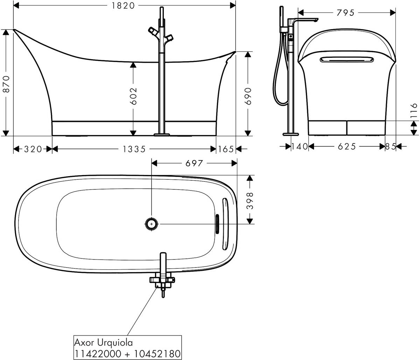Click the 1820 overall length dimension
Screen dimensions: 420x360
coord(123,6)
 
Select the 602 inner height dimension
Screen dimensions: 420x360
coord(133,96)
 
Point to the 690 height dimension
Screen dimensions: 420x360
coord(248,96)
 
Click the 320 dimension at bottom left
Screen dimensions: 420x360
coord(33,150)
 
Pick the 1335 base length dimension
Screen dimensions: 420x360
coord(134,150)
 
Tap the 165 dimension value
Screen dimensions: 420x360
coord(226,150)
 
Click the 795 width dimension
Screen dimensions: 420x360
coord(346,13)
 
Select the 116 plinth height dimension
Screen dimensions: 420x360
coord(414,111)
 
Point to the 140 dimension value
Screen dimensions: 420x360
coord(300,146)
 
